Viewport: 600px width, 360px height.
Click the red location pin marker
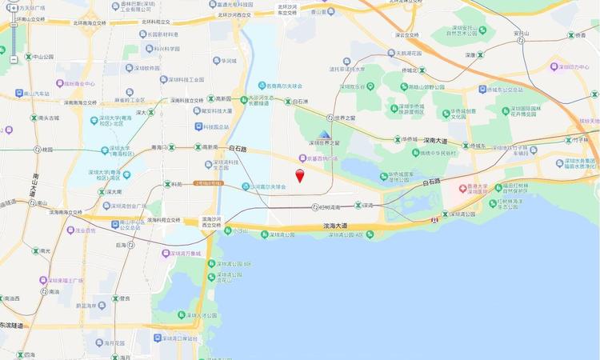(300, 176)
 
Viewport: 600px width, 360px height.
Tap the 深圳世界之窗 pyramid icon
(324, 134)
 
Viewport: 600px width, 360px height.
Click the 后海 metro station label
(122, 245)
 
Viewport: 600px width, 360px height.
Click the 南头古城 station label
(45, 118)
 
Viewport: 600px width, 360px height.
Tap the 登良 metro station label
(120, 299)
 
